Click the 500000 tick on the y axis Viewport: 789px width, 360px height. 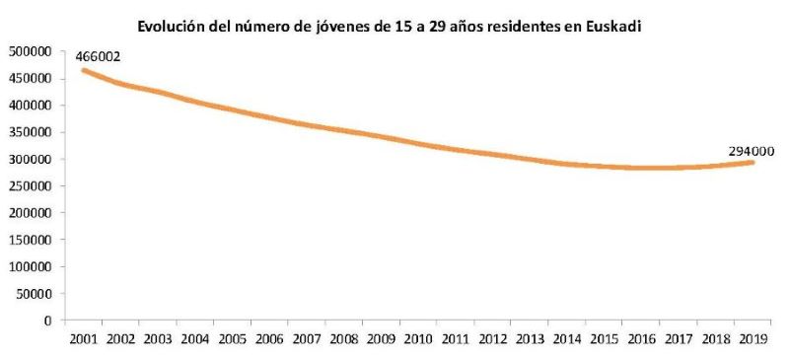pyautogui.click(x=30, y=51)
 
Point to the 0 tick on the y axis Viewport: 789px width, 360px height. pyautogui.click(x=46, y=321)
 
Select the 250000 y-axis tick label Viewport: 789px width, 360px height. pyautogui.click(x=30, y=186)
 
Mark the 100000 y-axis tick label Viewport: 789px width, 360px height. pyautogui.click(x=30, y=266)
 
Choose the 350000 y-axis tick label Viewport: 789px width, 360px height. pyautogui.click(x=30, y=132)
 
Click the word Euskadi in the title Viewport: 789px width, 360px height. pyautogui.click(x=612, y=26)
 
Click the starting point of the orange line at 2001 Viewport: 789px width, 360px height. pyautogui.click(x=83, y=69)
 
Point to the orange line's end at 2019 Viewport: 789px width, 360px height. pyautogui.click(x=753, y=162)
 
